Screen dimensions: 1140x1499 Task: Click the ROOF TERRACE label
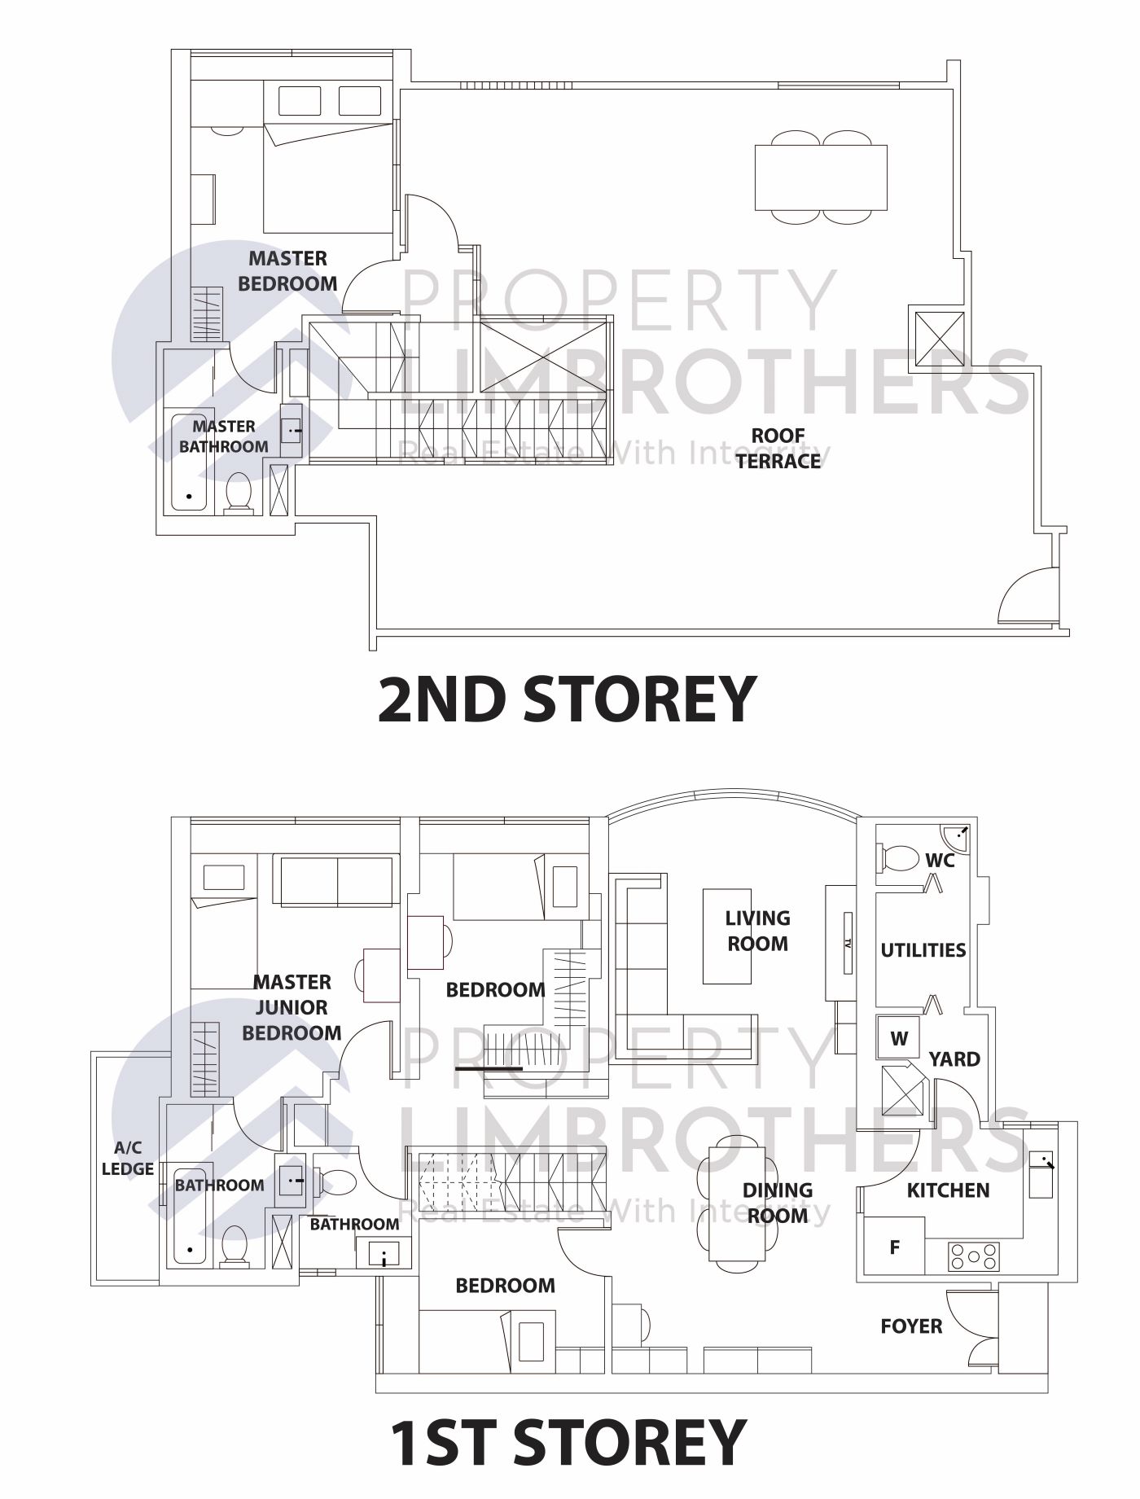pyautogui.click(x=778, y=449)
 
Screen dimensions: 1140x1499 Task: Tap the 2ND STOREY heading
pyautogui.click(x=567, y=699)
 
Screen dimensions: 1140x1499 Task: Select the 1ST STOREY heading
pyautogui.click(x=568, y=1442)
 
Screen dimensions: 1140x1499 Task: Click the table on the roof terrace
pyautogui.click(x=821, y=177)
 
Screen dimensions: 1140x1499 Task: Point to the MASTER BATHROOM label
pyautogui.click(x=224, y=436)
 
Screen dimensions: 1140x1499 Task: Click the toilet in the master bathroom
pyautogui.click(x=239, y=493)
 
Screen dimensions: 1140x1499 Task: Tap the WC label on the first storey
pyautogui.click(x=940, y=860)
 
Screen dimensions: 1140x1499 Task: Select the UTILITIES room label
pyautogui.click(x=923, y=950)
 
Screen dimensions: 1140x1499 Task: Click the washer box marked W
pyautogui.click(x=899, y=1038)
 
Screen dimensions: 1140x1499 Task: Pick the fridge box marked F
pyautogui.click(x=895, y=1247)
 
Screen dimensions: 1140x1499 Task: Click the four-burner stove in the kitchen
pyautogui.click(x=973, y=1256)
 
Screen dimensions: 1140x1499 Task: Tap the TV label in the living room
pyautogui.click(x=847, y=945)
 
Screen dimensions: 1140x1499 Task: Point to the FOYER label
pyautogui.click(x=911, y=1326)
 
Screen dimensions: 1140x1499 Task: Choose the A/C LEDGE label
pyautogui.click(x=128, y=1159)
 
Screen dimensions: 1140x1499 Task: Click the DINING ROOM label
pyautogui.click(x=778, y=1203)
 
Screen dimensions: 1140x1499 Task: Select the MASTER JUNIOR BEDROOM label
pyautogui.click(x=292, y=1007)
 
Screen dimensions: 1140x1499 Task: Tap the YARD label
pyautogui.click(x=954, y=1059)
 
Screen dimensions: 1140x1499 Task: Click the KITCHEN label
pyautogui.click(x=949, y=1190)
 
